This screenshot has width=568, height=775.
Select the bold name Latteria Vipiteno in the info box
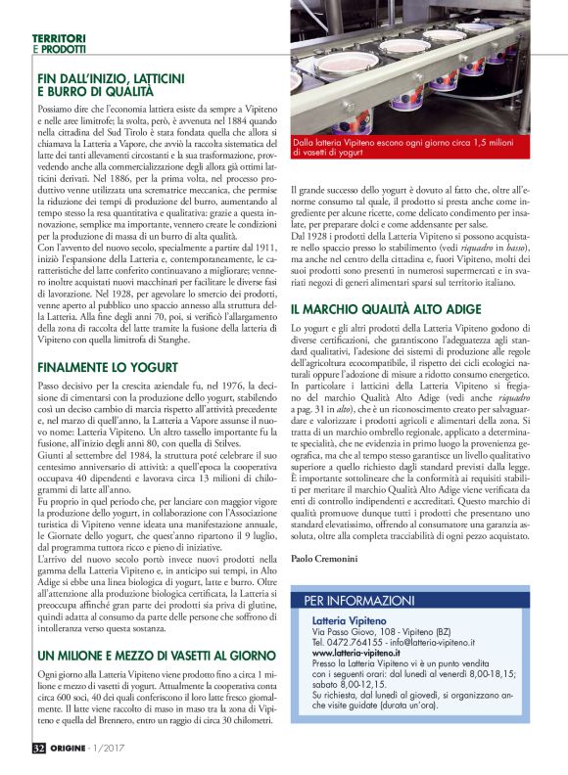click(x=349, y=620)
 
